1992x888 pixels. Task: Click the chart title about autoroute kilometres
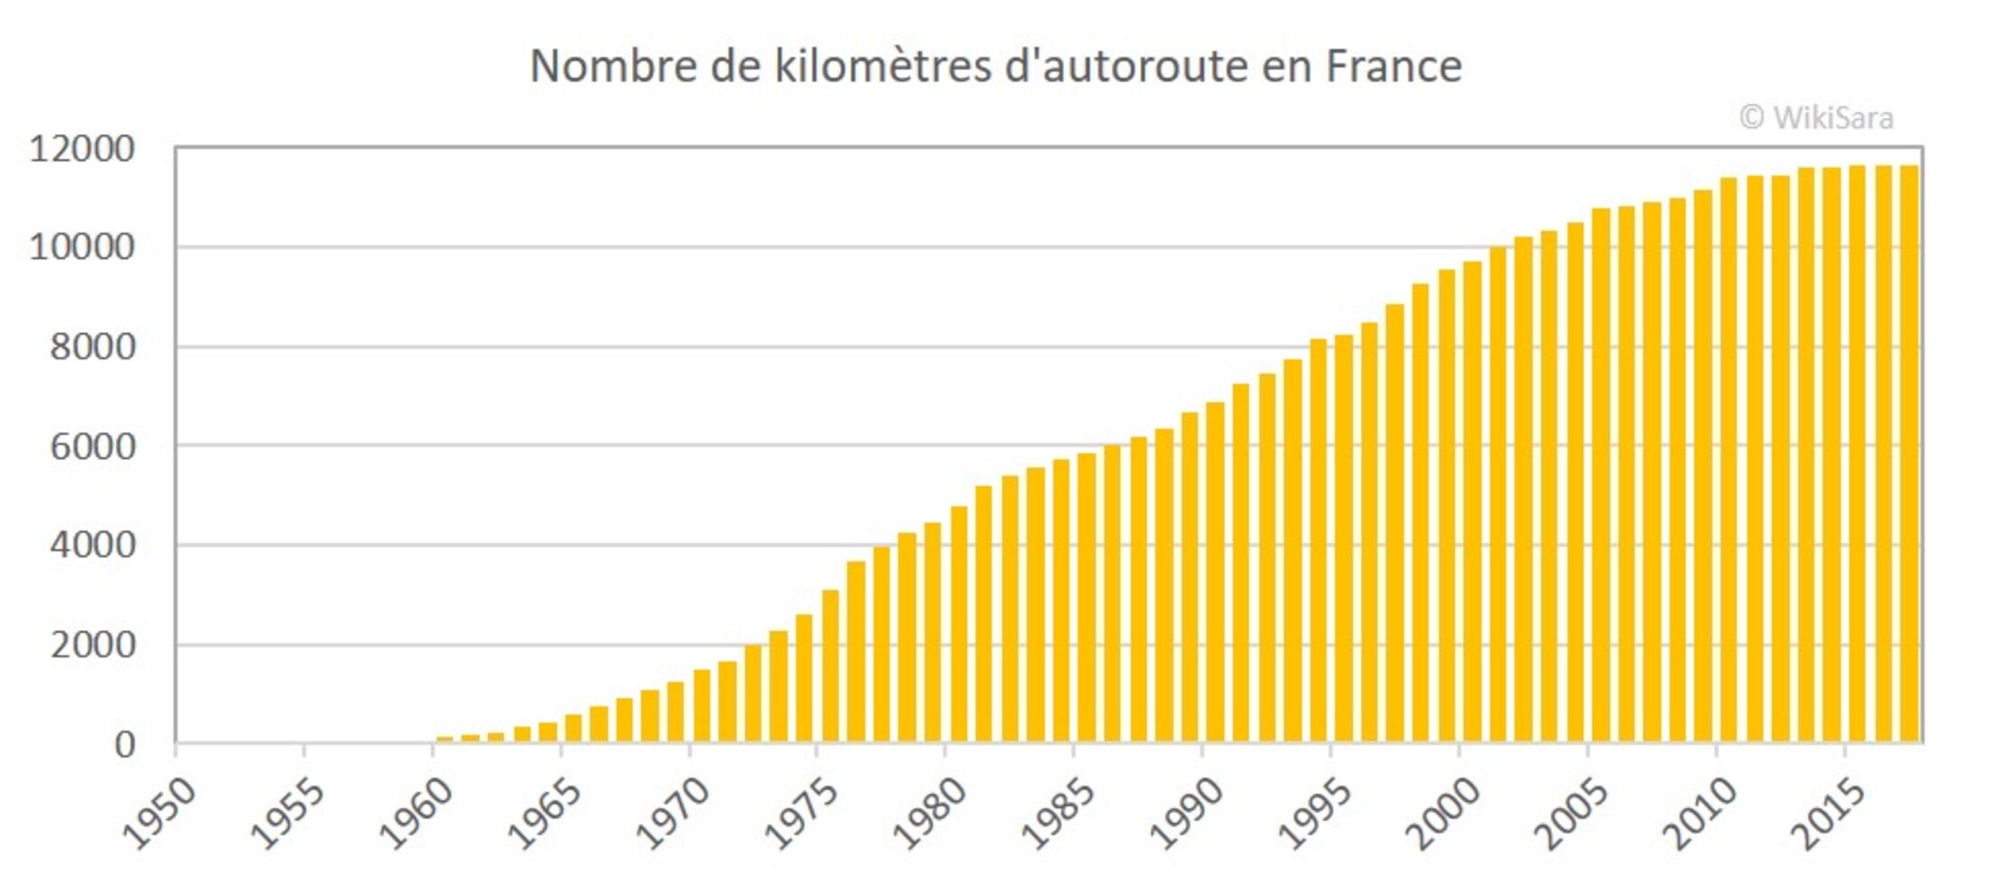click(995, 66)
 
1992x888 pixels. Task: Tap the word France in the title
click(1393, 66)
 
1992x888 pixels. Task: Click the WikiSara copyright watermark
click(1815, 118)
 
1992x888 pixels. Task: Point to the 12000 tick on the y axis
click(81, 148)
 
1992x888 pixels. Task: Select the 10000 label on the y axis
click(81, 246)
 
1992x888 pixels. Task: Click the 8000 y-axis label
click(92, 347)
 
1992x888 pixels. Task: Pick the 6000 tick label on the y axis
click(92, 446)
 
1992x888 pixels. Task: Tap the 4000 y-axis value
click(92, 545)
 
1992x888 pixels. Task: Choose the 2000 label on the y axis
click(92, 645)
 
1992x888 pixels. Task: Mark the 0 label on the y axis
click(125, 745)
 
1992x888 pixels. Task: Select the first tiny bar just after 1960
click(445, 740)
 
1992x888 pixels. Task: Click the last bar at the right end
click(1909, 453)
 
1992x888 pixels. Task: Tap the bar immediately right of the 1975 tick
click(830, 666)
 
